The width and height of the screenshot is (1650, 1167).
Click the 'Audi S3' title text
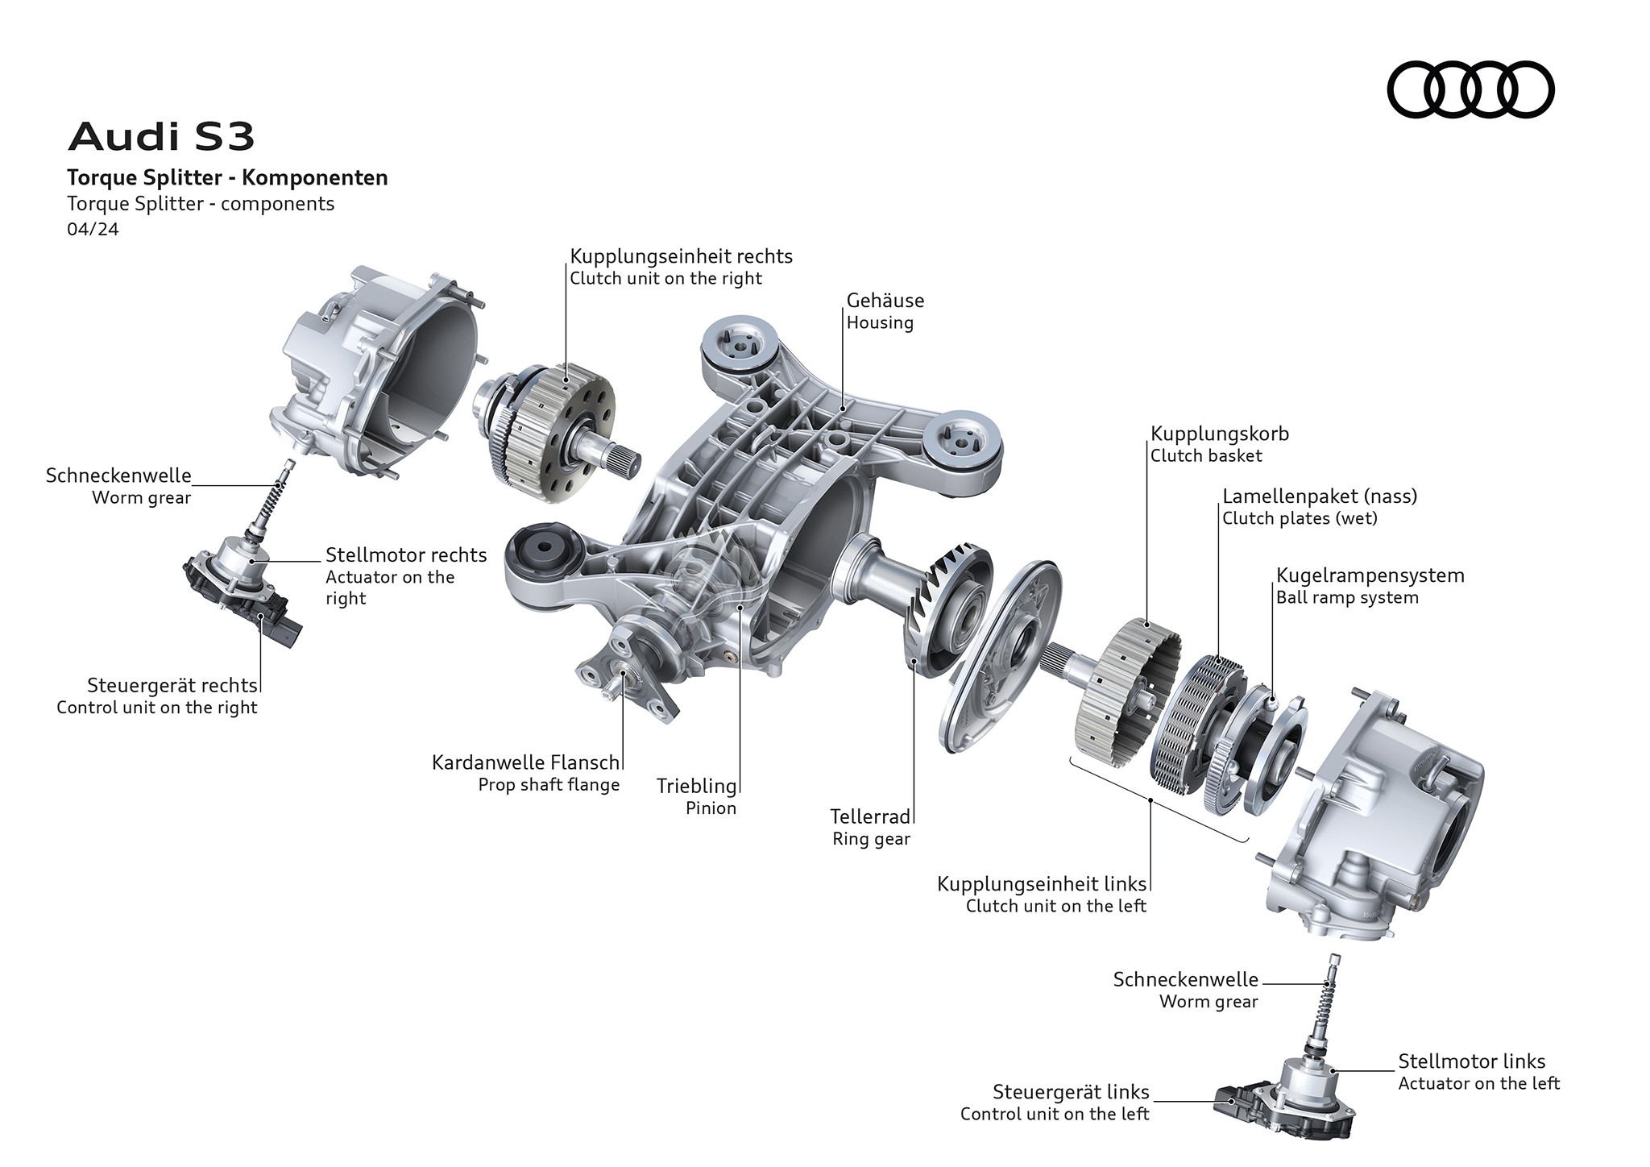click(x=162, y=137)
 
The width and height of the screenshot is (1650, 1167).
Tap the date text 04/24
click(x=93, y=230)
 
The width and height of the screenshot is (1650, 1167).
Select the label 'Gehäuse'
click(x=885, y=301)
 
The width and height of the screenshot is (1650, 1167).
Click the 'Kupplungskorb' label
click(x=1219, y=434)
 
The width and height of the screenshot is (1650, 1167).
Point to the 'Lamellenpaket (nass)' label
click(x=1319, y=496)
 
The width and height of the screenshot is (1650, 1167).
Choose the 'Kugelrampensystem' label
click(x=1370, y=575)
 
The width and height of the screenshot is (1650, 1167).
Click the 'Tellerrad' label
click(x=870, y=816)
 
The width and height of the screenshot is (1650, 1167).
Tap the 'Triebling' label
click(x=696, y=786)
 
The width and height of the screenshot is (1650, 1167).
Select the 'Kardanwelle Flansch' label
click(x=525, y=762)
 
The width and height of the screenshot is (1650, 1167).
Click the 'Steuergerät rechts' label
click(x=172, y=686)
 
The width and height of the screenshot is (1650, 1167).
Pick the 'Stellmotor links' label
click(x=1471, y=1061)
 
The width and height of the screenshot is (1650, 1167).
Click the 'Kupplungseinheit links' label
click(x=1041, y=884)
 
